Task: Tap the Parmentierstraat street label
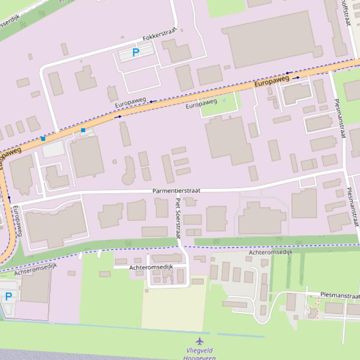176,191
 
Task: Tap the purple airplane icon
200,341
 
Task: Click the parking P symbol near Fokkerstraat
136,52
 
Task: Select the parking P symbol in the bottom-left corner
8,296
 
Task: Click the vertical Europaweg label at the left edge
18,221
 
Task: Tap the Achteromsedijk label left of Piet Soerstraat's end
151,267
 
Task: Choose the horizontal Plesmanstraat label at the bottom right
340,295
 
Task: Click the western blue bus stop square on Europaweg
43,138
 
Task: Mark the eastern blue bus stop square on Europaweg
83,130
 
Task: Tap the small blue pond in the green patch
225,100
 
